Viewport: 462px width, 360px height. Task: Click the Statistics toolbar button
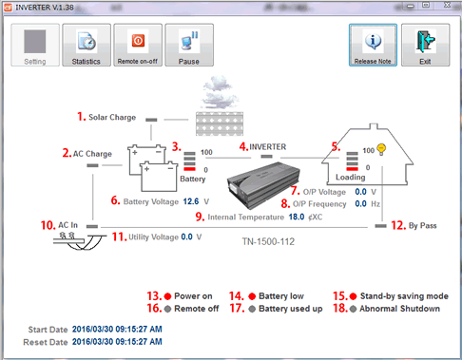tap(87, 45)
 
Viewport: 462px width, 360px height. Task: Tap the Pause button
tap(189, 45)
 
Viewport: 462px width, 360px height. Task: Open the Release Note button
tap(373, 45)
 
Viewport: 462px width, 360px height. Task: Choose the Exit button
tap(425, 45)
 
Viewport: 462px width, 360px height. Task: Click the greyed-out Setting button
tap(35, 45)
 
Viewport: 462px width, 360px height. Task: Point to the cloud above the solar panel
tap(220, 92)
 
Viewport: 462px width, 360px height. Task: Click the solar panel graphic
tap(220, 123)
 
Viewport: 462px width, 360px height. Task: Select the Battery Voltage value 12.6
tap(191, 201)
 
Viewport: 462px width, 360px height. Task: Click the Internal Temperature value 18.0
tap(297, 217)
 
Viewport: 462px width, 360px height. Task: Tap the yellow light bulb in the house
tap(381, 149)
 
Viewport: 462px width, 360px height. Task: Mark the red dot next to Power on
tap(167, 296)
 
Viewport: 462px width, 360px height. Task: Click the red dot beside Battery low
tap(252, 296)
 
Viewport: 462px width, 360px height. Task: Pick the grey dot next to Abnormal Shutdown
tap(353, 309)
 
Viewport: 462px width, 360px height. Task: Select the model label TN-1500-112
tap(268, 242)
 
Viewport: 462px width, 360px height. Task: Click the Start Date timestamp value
tap(117, 330)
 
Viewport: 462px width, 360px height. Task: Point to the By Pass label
tap(423, 226)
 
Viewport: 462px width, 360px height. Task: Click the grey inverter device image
tap(263, 185)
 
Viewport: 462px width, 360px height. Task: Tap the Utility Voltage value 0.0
tap(187, 237)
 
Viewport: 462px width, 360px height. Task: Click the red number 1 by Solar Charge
tap(81, 117)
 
